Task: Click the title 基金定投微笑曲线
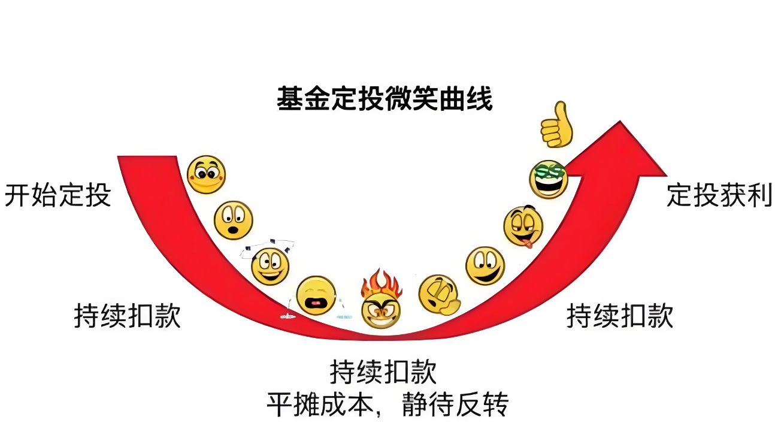point(385,99)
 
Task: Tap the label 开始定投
point(57,195)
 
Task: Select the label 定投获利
point(719,195)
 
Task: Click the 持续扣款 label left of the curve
point(128,316)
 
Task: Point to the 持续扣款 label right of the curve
point(620,316)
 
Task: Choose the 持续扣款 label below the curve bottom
point(383,371)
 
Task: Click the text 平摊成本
point(320,404)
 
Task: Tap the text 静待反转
point(455,404)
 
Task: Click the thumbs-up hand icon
point(556,125)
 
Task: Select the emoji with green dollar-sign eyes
point(549,179)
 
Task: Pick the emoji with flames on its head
point(381,300)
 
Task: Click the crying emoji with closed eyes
point(316,295)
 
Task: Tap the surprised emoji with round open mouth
point(234,220)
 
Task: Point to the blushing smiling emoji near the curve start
point(206,175)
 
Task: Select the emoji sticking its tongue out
point(523,226)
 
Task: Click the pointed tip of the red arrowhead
point(620,121)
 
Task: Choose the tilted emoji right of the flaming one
point(439,295)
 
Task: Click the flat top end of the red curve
point(147,156)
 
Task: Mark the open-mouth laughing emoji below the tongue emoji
point(485,266)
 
